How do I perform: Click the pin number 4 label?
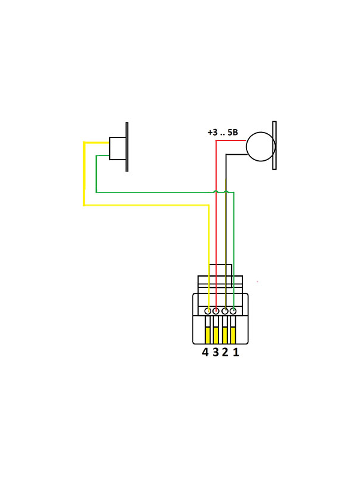pyautogui.click(x=205, y=352)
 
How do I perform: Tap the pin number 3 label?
pyautogui.click(x=215, y=352)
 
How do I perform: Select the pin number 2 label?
pyautogui.click(x=225, y=352)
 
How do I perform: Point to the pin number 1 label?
pyautogui.click(x=236, y=352)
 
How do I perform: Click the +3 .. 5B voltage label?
pyautogui.click(x=223, y=133)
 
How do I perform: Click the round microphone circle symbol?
pyautogui.click(x=260, y=146)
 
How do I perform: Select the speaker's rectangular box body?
pyautogui.click(x=117, y=148)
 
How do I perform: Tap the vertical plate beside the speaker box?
pyautogui.click(x=127, y=147)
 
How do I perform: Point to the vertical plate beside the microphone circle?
pyautogui.click(x=274, y=145)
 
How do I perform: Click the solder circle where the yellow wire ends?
pyautogui.click(x=208, y=311)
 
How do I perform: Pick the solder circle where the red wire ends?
pyautogui.click(x=216, y=311)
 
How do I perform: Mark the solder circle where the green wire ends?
pyautogui.click(x=233, y=311)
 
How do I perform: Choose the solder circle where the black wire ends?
pyautogui.click(x=225, y=311)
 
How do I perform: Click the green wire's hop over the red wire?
pyautogui.click(x=217, y=191)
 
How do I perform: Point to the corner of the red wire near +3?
pyautogui.click(x=216, y=141)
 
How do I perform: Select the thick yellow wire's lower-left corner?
pyautogui.click(x=84, y=205)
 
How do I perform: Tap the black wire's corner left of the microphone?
pyautogui.click(x=226, y=155)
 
